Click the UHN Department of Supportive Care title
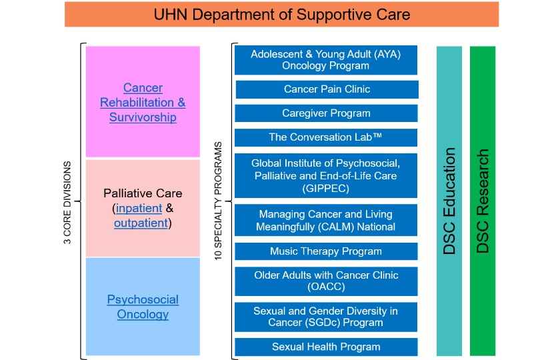click(x=281, y=14)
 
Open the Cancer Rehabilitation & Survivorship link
click(x=143, y=103)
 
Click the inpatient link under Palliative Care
click(x=139, y=208)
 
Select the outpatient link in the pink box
click(x=140, y=223)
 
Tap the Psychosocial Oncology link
click(x=143, y=307)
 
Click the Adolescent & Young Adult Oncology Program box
click(x=326, y=60)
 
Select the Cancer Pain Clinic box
click(x=327, y=89)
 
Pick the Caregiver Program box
click(x=326, y=113)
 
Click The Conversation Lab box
click(x=326, y=137)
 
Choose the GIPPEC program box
click(x=326, y=175)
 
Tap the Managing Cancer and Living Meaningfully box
click(x=326, y=221)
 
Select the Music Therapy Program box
click(x=326, y=251)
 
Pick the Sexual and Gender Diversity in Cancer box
click(x=326, y=317)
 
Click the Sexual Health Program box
click(x=326, y=347)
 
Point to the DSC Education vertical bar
click(x=449, y=201)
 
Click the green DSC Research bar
click(x=483, y=201)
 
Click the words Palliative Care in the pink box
click(x=143, y=193)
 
